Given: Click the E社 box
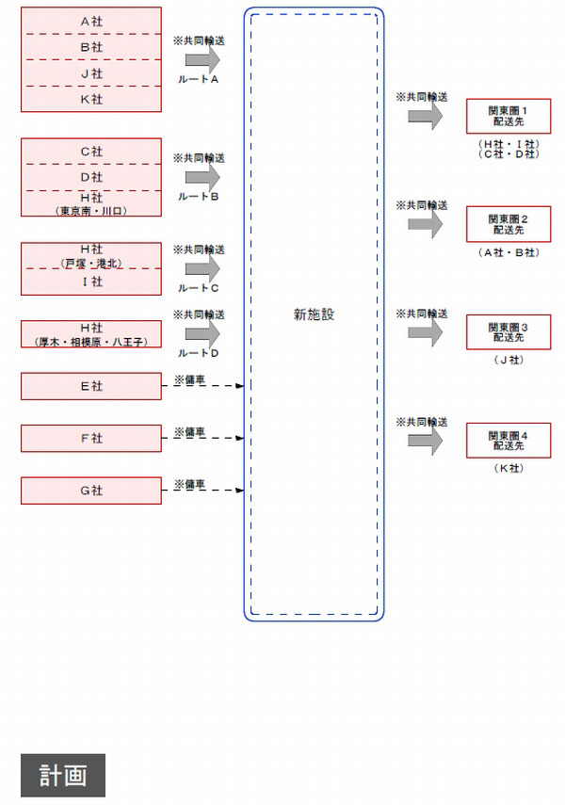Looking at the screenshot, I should coord(91,386).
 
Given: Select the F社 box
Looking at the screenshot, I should coord(91,439).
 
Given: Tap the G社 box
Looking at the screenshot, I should coord(91,491).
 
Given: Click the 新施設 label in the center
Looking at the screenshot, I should coord(314,314).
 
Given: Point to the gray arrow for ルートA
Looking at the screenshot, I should coord(202,60).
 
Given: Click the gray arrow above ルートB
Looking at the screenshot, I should coord(202,177).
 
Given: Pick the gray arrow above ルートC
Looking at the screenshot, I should coord(202,268).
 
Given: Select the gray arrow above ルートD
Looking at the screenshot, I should coord(202,333).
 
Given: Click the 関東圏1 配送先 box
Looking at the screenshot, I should coord(508,116).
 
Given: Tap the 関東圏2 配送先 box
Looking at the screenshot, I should coord(508,224).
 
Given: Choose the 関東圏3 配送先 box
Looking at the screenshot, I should coord(508,331).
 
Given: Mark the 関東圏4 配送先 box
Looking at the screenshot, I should coord(508,440).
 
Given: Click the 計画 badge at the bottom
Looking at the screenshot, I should coord(63,775).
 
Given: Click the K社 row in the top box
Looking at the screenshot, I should coord(91,100).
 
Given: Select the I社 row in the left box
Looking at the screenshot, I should coord(91,282).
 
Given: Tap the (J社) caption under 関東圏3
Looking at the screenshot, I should coord(508,360).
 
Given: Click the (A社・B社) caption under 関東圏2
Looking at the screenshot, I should coord(508,252).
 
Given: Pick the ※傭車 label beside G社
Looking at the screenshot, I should coord(189,484).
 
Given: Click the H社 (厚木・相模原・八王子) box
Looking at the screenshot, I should coord(91,333).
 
